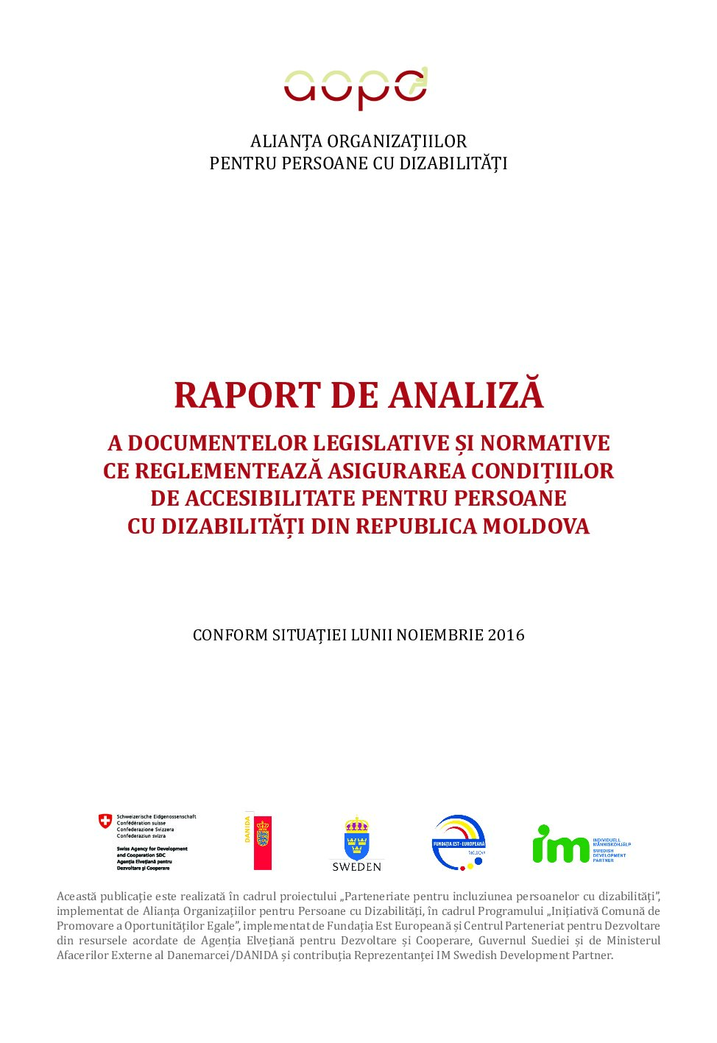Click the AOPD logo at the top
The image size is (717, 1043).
(356, 88)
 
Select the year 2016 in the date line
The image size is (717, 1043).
(506, 635)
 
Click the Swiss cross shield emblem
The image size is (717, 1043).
(106, 821)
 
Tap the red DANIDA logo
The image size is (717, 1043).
(261, 842)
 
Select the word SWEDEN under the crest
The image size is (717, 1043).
(356, 867)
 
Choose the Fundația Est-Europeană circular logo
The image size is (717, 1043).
(459, 842)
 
